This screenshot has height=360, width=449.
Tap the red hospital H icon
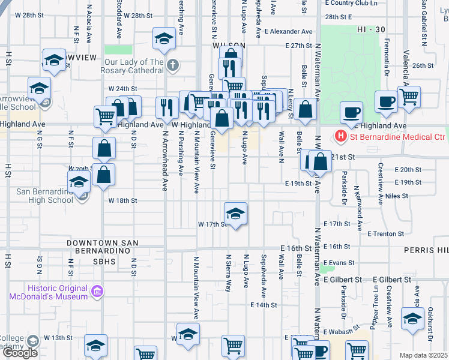click(341, 137)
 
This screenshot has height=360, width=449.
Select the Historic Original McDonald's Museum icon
click(97, 292)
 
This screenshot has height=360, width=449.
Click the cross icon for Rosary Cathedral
click(172, 65)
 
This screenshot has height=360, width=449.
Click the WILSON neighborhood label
click(228, 46)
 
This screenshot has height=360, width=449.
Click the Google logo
click(20, 352)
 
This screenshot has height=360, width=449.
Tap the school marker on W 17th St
click(235, 213)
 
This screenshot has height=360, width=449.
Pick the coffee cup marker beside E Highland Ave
click(351, 112)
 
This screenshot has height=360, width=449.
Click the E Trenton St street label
click(385, 233)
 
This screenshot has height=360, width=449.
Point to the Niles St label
click(397, 196)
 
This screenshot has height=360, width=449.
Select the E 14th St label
click(264, 305)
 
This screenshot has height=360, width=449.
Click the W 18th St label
click(122, 200)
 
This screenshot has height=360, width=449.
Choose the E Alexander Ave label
click(288, 31)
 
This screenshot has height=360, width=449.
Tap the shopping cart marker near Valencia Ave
click(408, 96)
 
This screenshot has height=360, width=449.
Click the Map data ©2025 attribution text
click(423, 355)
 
